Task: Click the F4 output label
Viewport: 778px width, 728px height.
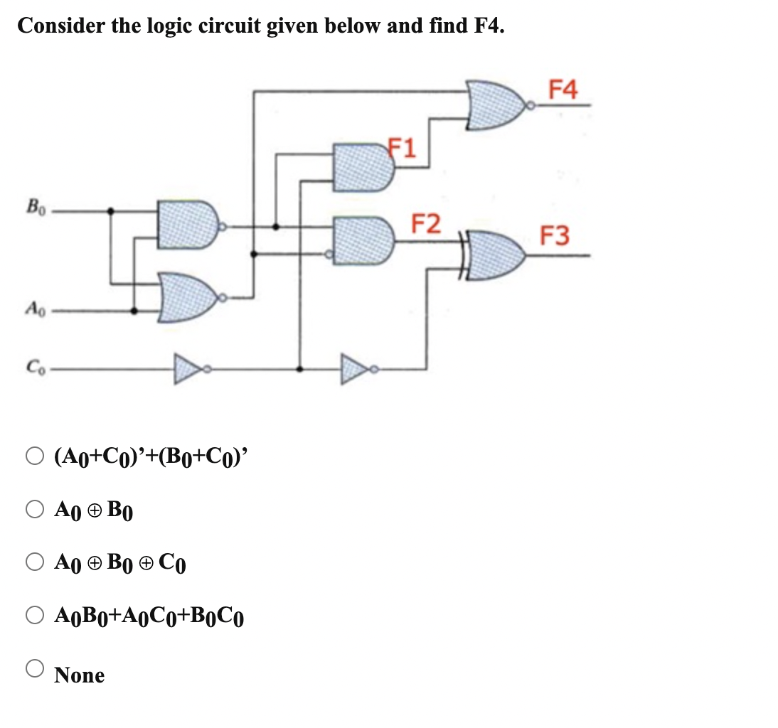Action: click(565, 90)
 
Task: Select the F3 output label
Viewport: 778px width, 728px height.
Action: click(554, 235)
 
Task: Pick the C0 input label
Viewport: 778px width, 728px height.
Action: click(33, 368)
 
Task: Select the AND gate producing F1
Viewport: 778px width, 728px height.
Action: click(363, 168)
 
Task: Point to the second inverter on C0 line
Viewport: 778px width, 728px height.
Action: click(359, 369)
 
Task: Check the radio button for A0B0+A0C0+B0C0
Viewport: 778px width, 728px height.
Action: click(36, 616)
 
